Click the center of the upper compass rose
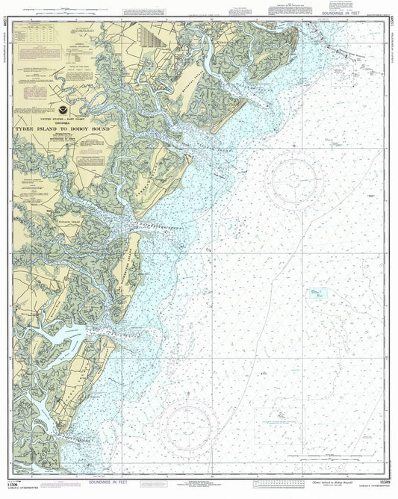tap(296, 181)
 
